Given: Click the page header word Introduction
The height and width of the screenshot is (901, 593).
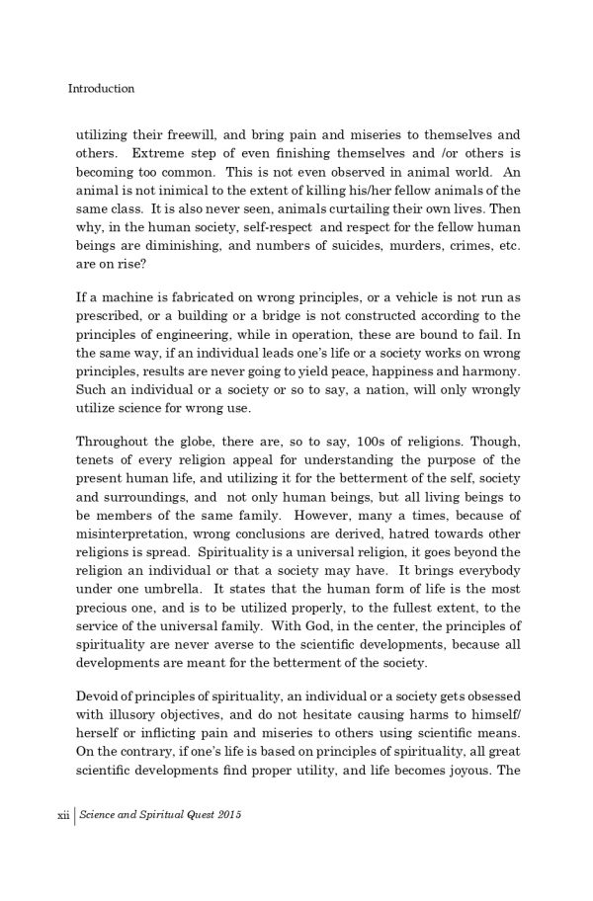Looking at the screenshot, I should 101,88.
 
